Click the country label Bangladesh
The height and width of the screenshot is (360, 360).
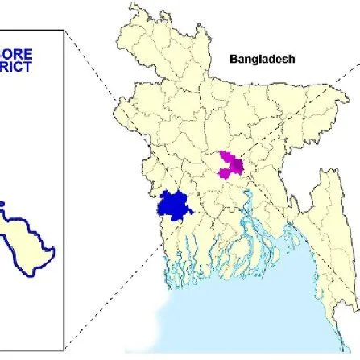point(263,59)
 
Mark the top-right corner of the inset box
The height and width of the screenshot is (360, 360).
point(64,31)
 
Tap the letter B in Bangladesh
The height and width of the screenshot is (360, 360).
point(234,59)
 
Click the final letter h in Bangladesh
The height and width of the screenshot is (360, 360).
point(292,59)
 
